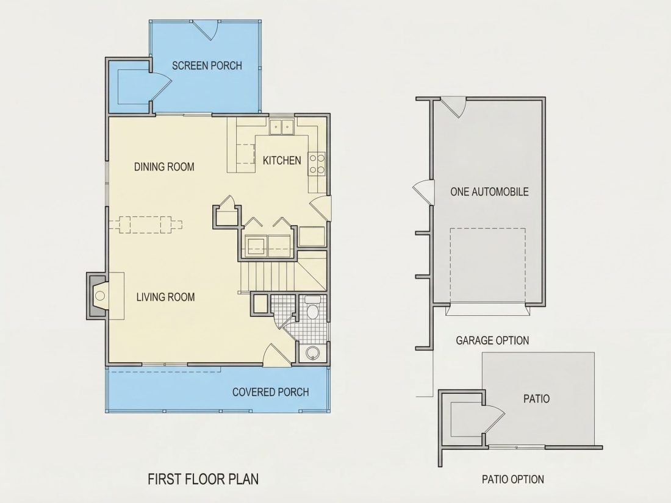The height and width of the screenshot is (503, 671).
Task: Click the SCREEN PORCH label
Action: click(207, 65)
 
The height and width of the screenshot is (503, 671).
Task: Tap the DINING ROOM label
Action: click(164, 167)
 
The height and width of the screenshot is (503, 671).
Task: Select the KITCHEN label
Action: click(282, 160)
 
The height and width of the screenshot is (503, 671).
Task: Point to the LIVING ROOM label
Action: click(165, 297)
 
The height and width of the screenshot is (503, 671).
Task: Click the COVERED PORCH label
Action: click(270, 392)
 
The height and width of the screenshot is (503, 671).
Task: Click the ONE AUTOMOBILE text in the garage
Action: click(489, 191)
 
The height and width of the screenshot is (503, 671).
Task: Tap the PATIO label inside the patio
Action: click(537, 399)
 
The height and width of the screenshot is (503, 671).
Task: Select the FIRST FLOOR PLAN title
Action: click(203, 479)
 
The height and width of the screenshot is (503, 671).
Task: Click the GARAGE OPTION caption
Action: click(492, 340)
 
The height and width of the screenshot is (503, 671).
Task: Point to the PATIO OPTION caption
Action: click(513, 479)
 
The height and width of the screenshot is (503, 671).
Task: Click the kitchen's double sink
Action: click(282, 126)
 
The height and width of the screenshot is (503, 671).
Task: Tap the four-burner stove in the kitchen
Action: click(317, 164)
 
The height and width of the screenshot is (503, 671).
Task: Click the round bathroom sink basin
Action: click(313, 353)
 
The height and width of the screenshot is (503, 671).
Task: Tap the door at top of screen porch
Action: click(205, 30)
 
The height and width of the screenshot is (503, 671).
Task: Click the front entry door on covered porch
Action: click(276, 354)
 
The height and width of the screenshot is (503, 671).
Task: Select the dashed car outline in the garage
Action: click(488, 265)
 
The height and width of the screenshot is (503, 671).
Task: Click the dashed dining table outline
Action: click(146, 224)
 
